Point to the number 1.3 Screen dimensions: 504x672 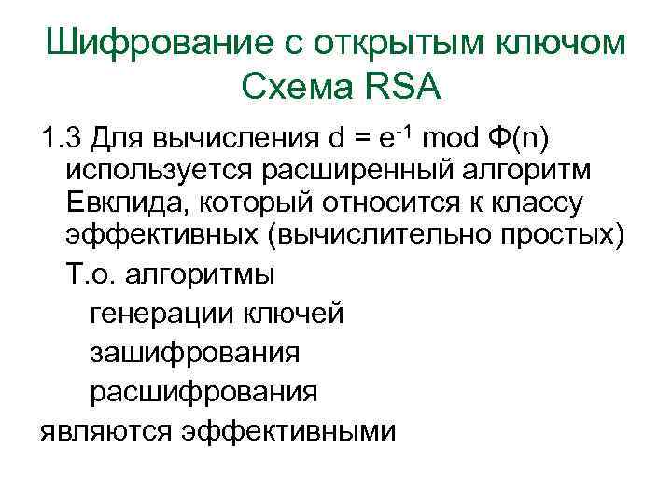61,141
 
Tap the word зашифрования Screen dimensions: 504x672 194,353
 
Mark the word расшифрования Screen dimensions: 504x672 203,391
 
